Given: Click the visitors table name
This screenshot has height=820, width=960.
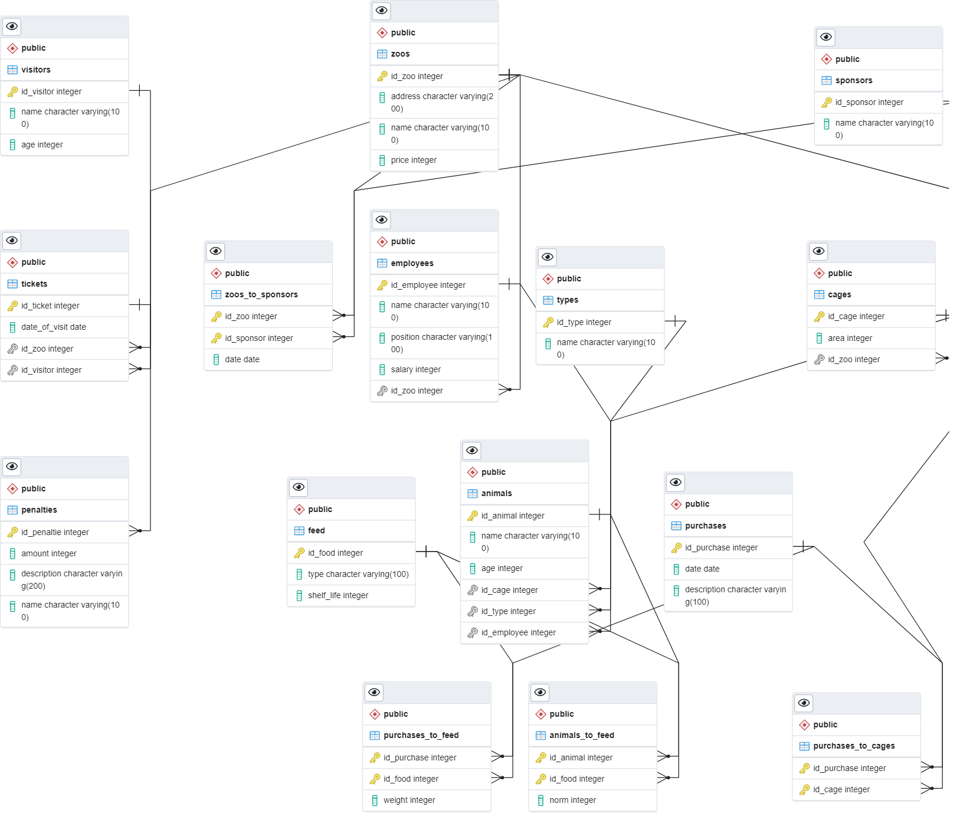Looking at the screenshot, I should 36,70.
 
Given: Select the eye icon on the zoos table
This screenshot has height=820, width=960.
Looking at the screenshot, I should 382,11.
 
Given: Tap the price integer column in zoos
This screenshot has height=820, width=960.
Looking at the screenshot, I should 414,160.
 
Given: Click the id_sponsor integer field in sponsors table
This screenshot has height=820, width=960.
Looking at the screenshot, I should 869,102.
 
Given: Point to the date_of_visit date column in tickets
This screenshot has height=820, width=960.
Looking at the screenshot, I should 54,327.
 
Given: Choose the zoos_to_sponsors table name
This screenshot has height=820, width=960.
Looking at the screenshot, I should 261,294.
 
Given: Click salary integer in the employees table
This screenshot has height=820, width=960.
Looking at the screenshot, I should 415,369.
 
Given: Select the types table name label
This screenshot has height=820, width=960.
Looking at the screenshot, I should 567,300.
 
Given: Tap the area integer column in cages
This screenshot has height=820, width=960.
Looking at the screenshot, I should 849,338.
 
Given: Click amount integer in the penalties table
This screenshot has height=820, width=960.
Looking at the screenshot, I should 49,553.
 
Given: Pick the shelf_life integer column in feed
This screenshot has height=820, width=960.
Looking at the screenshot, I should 338,595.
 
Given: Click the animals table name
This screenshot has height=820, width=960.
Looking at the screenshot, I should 496,493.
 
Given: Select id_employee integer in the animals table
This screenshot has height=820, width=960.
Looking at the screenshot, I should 518,632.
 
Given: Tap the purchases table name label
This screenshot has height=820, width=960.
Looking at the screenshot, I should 705,526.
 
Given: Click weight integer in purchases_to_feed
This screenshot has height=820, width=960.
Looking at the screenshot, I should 409,800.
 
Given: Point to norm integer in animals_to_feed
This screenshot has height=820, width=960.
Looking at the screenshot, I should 572,800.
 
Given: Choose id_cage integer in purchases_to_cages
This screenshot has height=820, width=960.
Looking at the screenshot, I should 841,789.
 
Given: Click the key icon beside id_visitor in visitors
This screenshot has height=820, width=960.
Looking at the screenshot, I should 12,91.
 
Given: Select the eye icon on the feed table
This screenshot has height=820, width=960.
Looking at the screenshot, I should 299,487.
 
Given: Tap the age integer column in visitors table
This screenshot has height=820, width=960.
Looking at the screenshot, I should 42,145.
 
